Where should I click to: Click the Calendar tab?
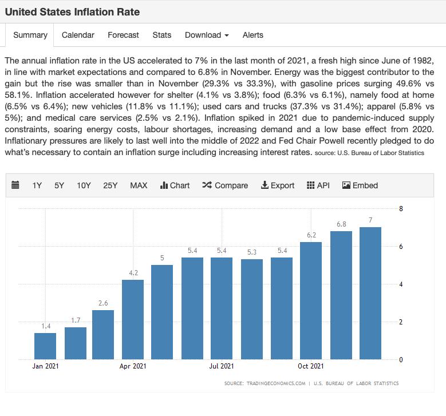point(78,35)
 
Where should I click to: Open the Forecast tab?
point(123,35)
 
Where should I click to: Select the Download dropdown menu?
point(207,35)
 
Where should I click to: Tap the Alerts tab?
point(252,35)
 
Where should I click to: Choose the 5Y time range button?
point(60,185)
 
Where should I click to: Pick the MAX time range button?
point(139,185)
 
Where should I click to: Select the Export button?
point(278,185)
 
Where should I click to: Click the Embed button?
point(360,185)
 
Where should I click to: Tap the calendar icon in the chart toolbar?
point(15,185)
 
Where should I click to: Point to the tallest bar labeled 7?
point(370,293)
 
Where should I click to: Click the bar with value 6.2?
point(311,300)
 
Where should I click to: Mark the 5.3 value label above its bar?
point(251,252)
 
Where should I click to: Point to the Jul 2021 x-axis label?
point(222,366)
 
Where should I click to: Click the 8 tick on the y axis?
point(401,209)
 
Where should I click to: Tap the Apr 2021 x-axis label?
point(133,366)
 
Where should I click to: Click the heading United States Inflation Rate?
point(72,11)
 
